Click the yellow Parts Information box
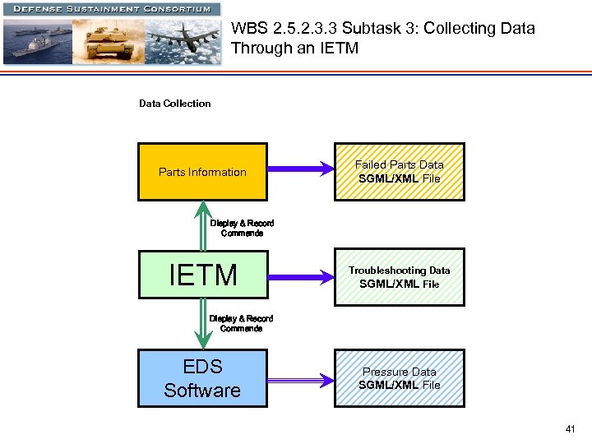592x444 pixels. click(202, 172)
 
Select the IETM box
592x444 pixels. click(202, 275)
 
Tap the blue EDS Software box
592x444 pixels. click(202, 378)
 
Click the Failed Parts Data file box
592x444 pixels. click(399, 172)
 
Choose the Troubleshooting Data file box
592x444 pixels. click(399, 277)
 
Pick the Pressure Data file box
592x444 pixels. click(399, 378)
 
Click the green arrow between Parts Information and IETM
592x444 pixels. click(202, 224)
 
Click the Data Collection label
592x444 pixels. click(174, 104)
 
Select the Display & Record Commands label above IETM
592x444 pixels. click(242, 228)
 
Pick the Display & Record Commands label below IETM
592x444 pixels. click(241, 323)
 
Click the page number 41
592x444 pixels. click(571, 429)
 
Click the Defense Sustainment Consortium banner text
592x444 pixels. click(111, 9)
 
